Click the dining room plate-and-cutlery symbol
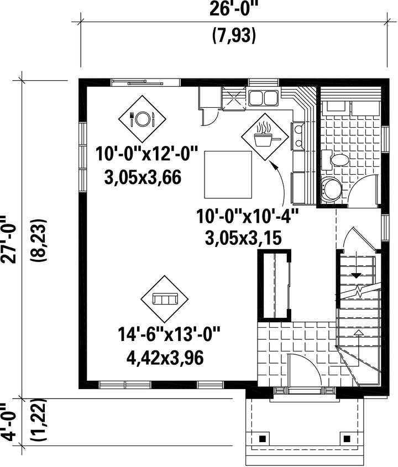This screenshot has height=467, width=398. tap(142, 119)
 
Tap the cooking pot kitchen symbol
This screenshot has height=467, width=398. tap(265, 137)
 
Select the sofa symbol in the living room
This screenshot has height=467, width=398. tap(165, 299)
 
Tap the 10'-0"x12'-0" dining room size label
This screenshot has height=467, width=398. tap(147, 154)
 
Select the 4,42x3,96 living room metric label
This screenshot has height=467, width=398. tap(165, 358)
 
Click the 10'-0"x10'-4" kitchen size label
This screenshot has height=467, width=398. tap(247, 216)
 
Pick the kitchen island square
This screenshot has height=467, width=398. tap(228, 175)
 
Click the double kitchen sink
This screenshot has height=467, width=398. tap(263, 98)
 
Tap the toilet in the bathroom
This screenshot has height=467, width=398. tap(336, 160)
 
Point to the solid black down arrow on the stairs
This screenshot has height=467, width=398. tap(356, 275)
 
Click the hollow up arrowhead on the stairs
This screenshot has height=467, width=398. tap(359, 333)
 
